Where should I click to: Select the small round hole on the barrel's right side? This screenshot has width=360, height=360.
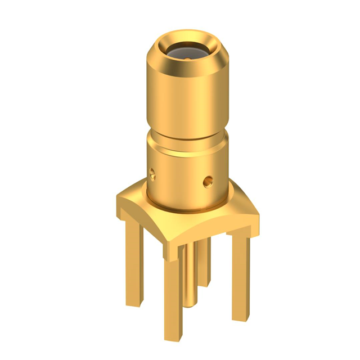click(208, 181)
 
